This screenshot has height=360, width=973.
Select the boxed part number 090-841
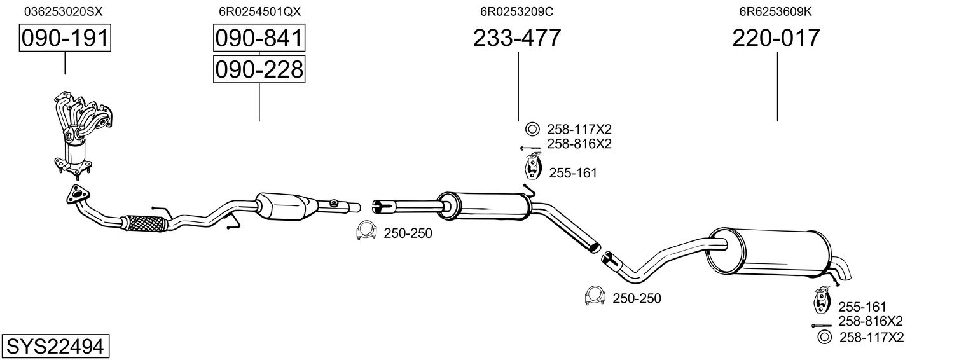(x=259, y=38)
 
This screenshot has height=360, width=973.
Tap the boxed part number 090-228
(x=259, y=69)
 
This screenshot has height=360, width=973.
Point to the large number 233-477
(x=517, y=38)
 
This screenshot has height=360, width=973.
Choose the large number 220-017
(x=776, y=38)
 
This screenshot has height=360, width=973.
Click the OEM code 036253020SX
(x=63, y=11)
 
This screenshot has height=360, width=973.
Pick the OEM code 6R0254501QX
(x=259, y=11)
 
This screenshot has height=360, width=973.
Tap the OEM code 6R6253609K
(x=775, y=11)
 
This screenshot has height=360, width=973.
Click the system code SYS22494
(x=55, y=347)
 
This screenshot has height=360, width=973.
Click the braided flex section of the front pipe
(x=146, y=223)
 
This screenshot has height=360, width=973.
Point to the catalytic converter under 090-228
(x=286, y=206)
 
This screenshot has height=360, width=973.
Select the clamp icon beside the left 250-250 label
(x=366, y=233)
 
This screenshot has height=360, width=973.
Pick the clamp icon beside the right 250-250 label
(x=594, y=296)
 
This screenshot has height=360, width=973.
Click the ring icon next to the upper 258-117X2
(x=532, y=129)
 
